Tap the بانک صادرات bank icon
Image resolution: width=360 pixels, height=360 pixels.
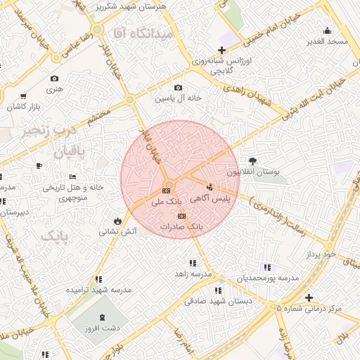[182, 216]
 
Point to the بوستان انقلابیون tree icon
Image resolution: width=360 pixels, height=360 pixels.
[252, 160]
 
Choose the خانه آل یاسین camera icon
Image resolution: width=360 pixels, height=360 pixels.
[179, 88]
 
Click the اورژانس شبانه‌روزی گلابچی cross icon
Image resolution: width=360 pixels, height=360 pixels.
[222, 50]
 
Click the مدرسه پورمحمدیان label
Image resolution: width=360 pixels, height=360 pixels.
[267, 278]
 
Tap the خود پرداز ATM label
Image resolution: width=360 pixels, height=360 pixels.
[321, 251]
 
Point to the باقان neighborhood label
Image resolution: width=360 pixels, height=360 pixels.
[67, 150]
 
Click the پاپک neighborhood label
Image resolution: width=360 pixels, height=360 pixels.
[56, 236]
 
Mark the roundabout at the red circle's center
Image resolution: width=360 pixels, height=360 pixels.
[169, 185]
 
